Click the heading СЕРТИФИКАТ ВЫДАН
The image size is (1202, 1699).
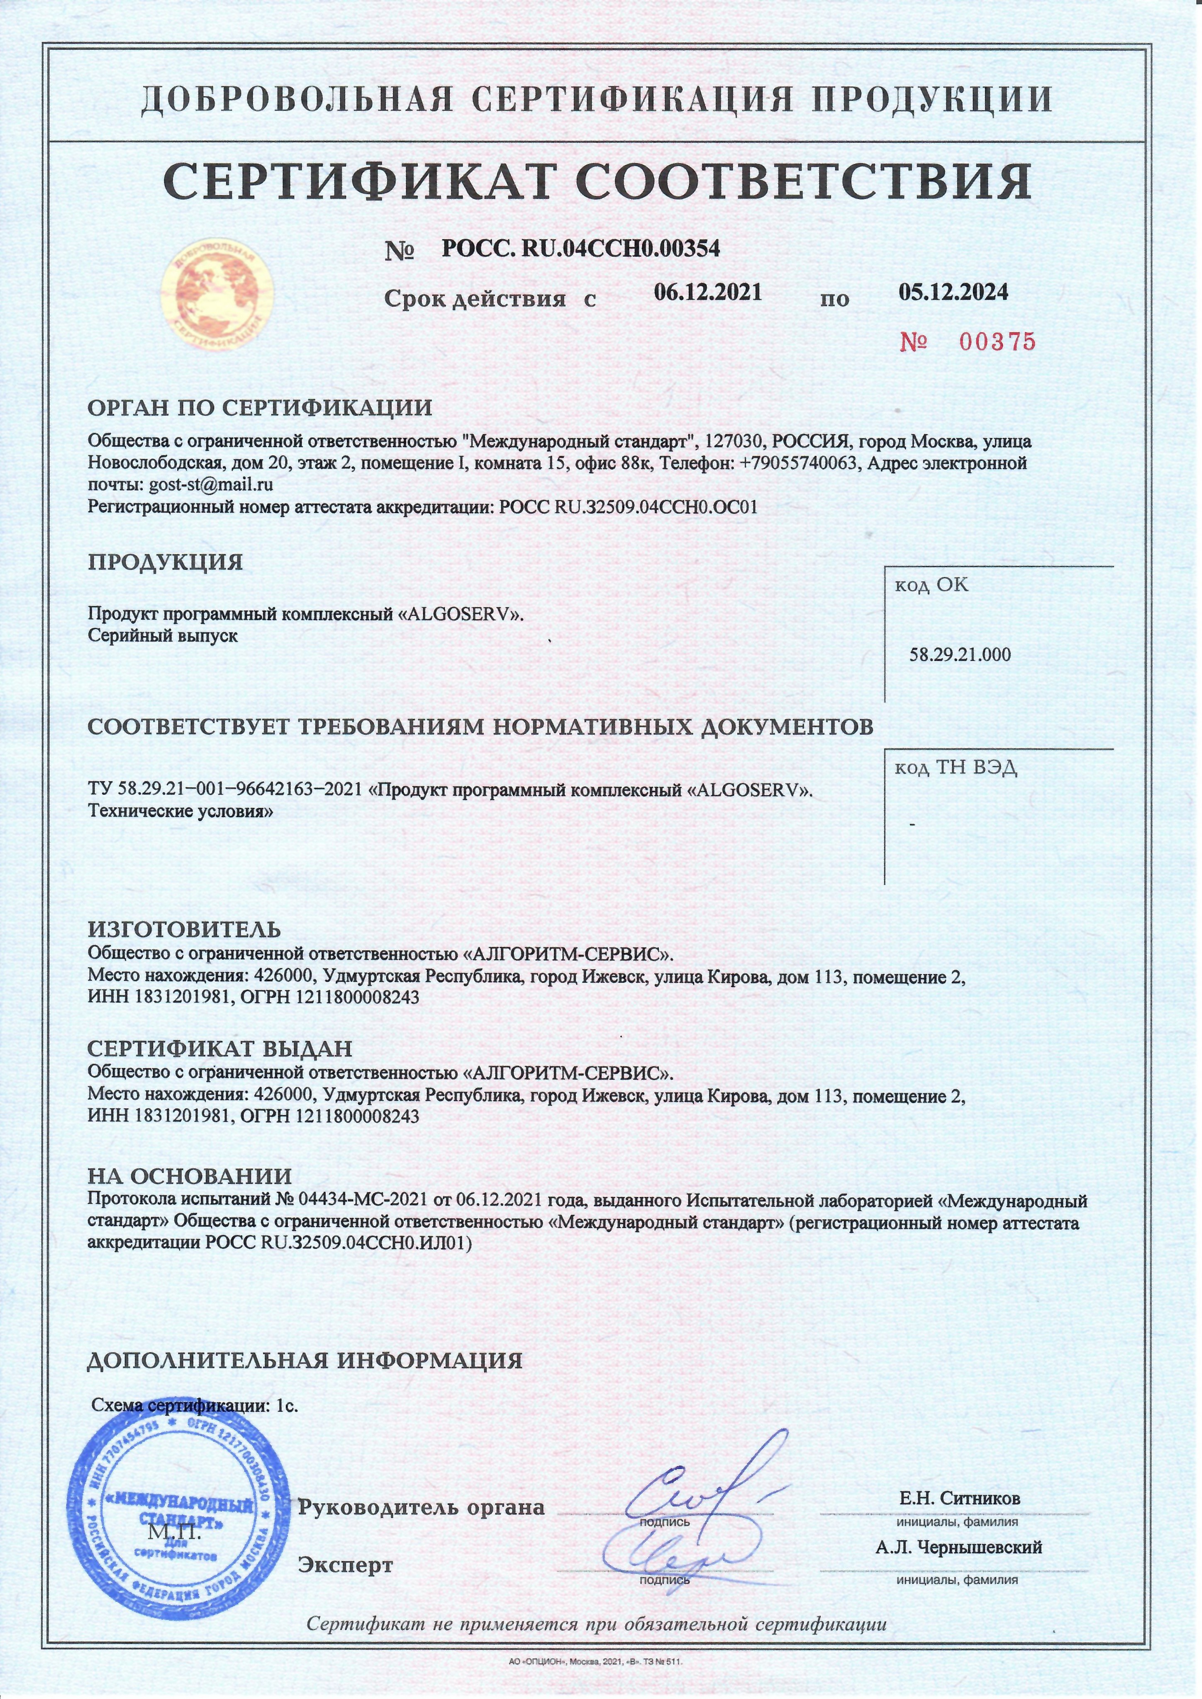[x=220, y=1049]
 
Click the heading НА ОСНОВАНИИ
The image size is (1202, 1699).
[x=190, y=1177]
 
